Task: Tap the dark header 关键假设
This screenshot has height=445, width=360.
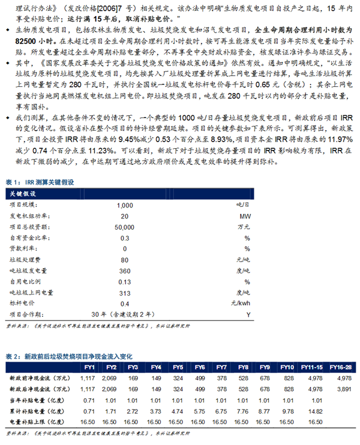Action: [x=24, y=194]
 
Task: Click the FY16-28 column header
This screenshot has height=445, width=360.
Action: [x=344, y=367]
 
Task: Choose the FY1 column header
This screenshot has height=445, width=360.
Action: [x=89, y=367]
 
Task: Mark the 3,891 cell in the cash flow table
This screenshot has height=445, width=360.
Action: [x=344, y=390]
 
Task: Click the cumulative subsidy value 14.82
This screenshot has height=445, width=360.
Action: [x=312, y=411]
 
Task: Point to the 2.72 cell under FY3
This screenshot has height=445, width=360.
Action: [x=133, y=411]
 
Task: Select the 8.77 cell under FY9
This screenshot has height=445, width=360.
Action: [x=265, y=411]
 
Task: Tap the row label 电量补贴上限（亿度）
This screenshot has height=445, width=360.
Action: [x=35, y=422]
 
